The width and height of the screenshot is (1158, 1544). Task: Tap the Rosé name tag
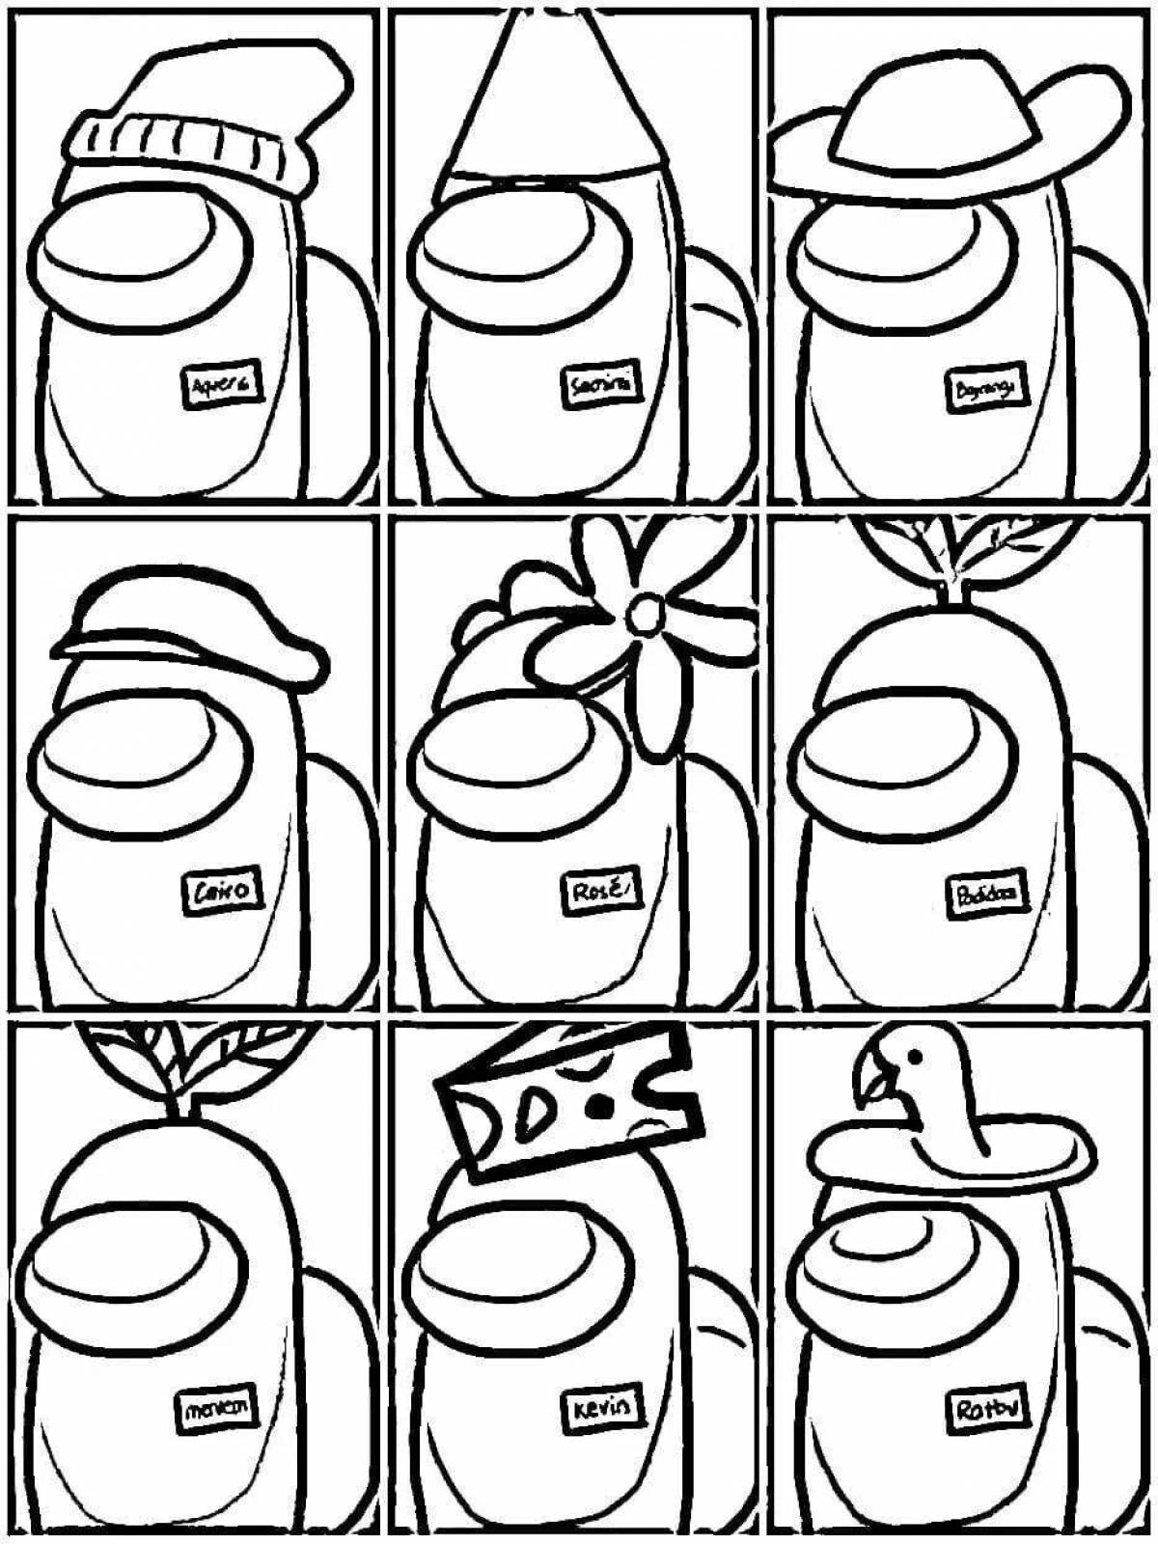pos(599,891)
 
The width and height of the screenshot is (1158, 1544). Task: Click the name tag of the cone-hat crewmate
pos(602,386)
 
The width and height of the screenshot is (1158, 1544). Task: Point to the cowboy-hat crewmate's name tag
pos(984,389)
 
